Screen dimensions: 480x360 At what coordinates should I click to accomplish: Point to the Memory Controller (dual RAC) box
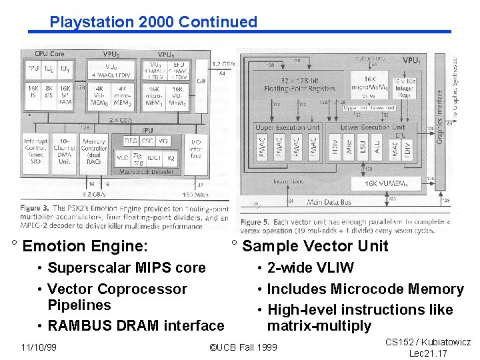point(94,151)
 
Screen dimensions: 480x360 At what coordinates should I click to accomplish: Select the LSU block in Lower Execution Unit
point(363,147)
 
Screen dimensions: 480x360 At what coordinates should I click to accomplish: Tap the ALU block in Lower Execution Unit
point(377,147)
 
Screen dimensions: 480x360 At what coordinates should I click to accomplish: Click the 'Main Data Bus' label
point(329,201)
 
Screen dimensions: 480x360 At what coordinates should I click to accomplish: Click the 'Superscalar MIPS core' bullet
point(126,268)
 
